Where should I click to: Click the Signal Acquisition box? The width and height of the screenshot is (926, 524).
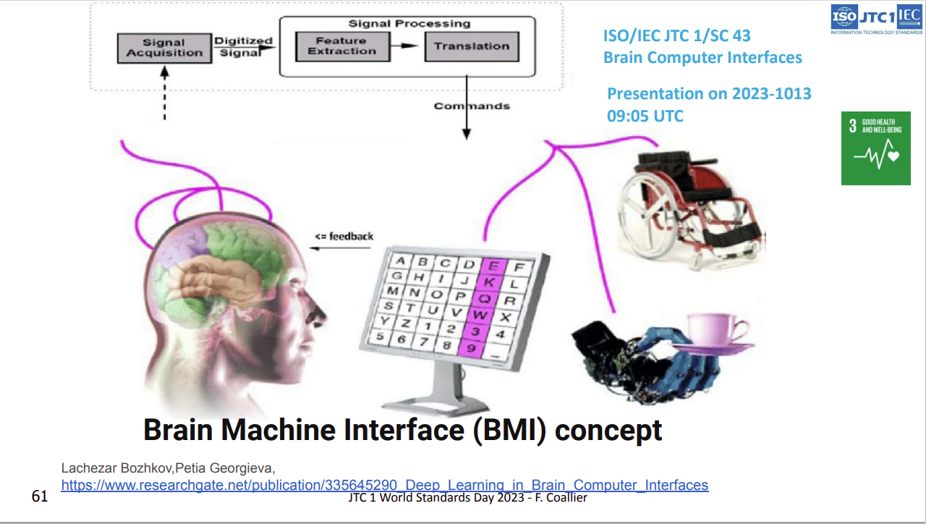click(x=164, y=48)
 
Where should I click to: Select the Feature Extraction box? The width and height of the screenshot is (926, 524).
click(x=341, y=46)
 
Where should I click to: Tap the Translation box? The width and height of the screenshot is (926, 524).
click(x=471, y=46)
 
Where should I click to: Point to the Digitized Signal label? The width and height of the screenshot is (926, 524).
click(x=244, y=46)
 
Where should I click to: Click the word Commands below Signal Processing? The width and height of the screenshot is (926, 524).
click(x=472, y=106)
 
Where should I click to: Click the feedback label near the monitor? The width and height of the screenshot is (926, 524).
click(x=344, y=236)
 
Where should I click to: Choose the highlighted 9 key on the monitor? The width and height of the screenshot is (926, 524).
click(x=472, y=349)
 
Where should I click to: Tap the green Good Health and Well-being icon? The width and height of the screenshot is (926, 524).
click(x=875, y=148)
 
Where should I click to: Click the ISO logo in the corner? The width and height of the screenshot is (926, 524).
click(x=844, y=16)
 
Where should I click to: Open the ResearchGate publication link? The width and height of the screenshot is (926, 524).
click(x=384, y=485)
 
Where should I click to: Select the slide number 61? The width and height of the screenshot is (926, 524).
click(x=40, y=496)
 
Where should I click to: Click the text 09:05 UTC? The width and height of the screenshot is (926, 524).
click(x=645, y=116)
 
